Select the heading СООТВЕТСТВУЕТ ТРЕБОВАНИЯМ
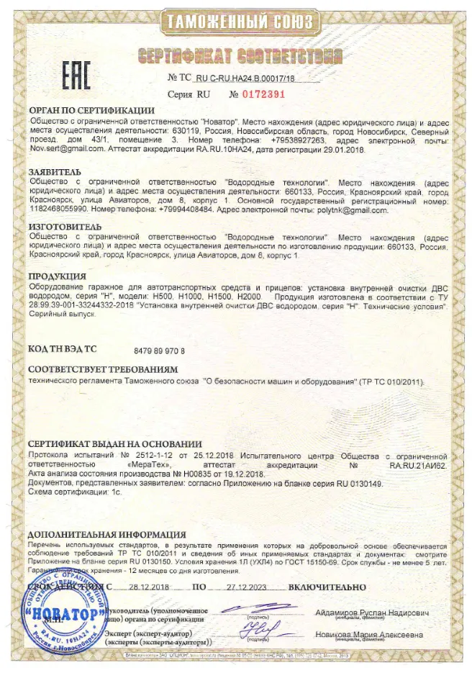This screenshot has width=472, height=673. coord(101,369)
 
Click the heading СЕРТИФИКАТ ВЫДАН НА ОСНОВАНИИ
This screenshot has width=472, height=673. coord(114,444)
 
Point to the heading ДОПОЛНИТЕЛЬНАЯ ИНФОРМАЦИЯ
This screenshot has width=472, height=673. coord(106,535)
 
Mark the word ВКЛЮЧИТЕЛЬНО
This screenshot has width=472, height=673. coord(327,587)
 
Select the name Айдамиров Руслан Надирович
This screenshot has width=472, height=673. coord(372,613)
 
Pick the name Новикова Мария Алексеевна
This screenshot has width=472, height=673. coord(369,634)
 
